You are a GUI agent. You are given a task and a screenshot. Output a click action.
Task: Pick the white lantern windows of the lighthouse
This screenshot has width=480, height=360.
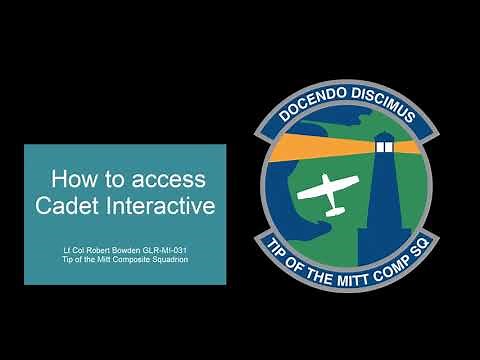pyautogui.click(x=385, y=147)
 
